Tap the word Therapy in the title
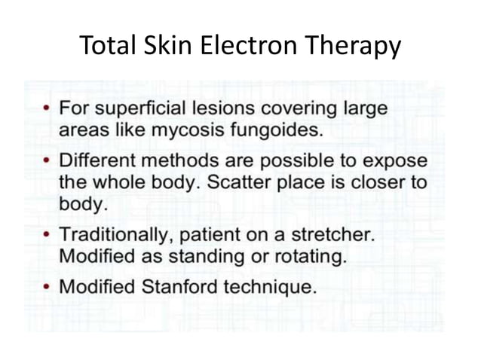353,47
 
